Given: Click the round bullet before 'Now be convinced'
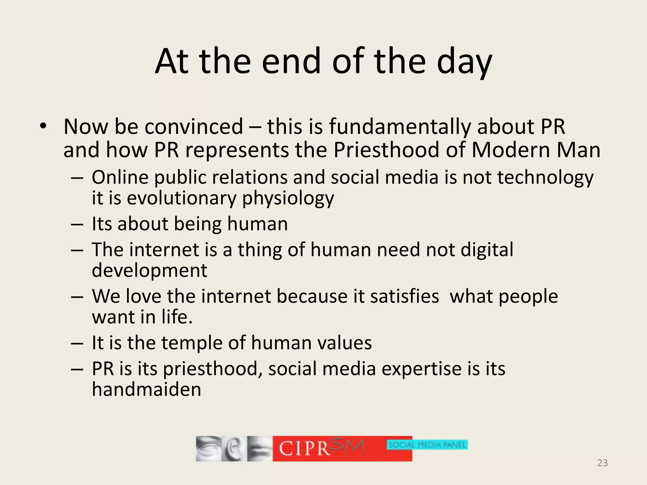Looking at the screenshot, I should click(x=43, y=126).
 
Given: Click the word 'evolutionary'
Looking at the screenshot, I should click(x=182, y=198).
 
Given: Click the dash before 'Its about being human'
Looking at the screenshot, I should click(x=77, y=225).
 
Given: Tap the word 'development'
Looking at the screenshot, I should click(x=149, y=270).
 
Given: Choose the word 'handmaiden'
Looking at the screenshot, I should click(x=146, y=389).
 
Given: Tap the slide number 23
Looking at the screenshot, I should click(x=602, y=463).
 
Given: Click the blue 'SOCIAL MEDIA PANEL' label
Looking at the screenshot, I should click(x=427, y=445).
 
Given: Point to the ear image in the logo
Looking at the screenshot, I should click(x=233, y=449).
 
